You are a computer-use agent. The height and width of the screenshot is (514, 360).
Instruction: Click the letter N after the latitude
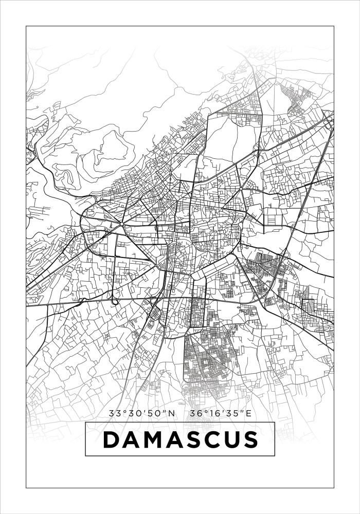click(172, 413)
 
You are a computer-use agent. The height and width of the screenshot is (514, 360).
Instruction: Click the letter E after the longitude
click(249, 413)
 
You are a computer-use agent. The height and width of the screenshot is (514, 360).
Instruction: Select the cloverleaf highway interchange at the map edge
click(328, 120)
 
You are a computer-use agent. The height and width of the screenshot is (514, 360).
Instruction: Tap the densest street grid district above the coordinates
click(206, 360)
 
